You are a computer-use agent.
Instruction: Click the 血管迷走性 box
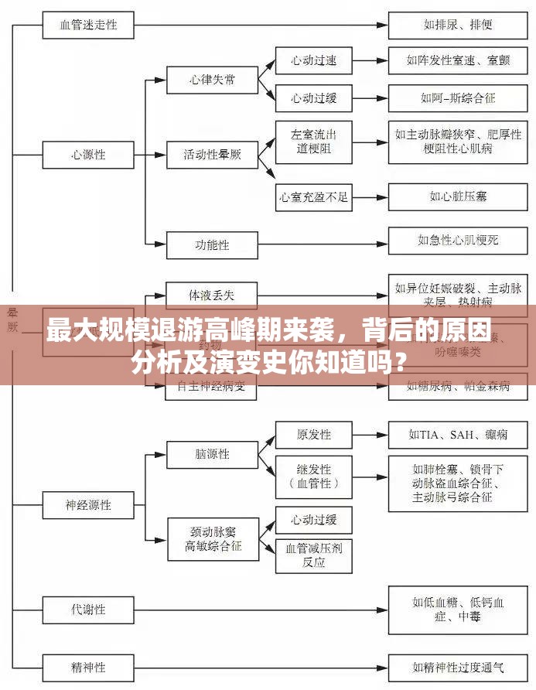[89, 25]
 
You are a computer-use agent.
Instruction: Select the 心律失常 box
[212, 80]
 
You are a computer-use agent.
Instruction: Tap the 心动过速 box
[313, 60]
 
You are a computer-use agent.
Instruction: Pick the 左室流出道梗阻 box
[313, 141]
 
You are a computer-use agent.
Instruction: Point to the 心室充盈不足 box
[313, 197]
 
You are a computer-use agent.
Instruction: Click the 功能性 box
[212, 245]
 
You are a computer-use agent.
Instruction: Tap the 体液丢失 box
[212, 295]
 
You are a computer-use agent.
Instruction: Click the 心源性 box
[89, 155]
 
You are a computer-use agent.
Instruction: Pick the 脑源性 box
[212, 455]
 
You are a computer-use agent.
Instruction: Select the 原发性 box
[313, 434]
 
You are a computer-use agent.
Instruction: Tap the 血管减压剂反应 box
[313, 555]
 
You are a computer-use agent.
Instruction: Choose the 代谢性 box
[89, 609]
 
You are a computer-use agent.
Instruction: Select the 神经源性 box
[89, 505]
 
